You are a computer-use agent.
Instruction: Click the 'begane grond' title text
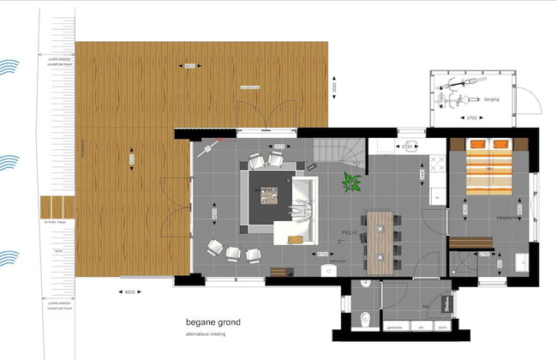[213, 323]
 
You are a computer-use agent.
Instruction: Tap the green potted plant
[351, 183]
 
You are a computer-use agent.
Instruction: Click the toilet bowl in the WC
[366, 319]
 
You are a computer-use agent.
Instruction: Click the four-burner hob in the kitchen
[436, 162]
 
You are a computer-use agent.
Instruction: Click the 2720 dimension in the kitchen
[408, 147]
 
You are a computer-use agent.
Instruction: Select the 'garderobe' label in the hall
[395, 327]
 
